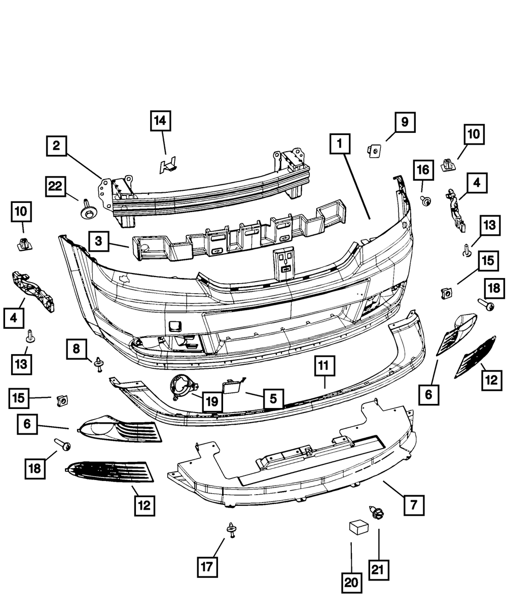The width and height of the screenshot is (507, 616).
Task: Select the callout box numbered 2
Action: pyautogui.click(x=56, y=146)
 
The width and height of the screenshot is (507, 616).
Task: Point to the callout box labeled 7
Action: pyautogui.click(x=413, y=505)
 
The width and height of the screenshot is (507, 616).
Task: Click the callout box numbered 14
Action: pyautogui.click(x=160, y=120)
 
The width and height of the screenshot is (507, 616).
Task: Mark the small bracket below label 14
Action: pyautogui.click(x=167, y=164)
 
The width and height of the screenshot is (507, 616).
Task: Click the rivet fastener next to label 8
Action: pyautogui.click(x=98, y=363)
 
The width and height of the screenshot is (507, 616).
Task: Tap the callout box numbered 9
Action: pyautogui.click(x=405, y=122)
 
